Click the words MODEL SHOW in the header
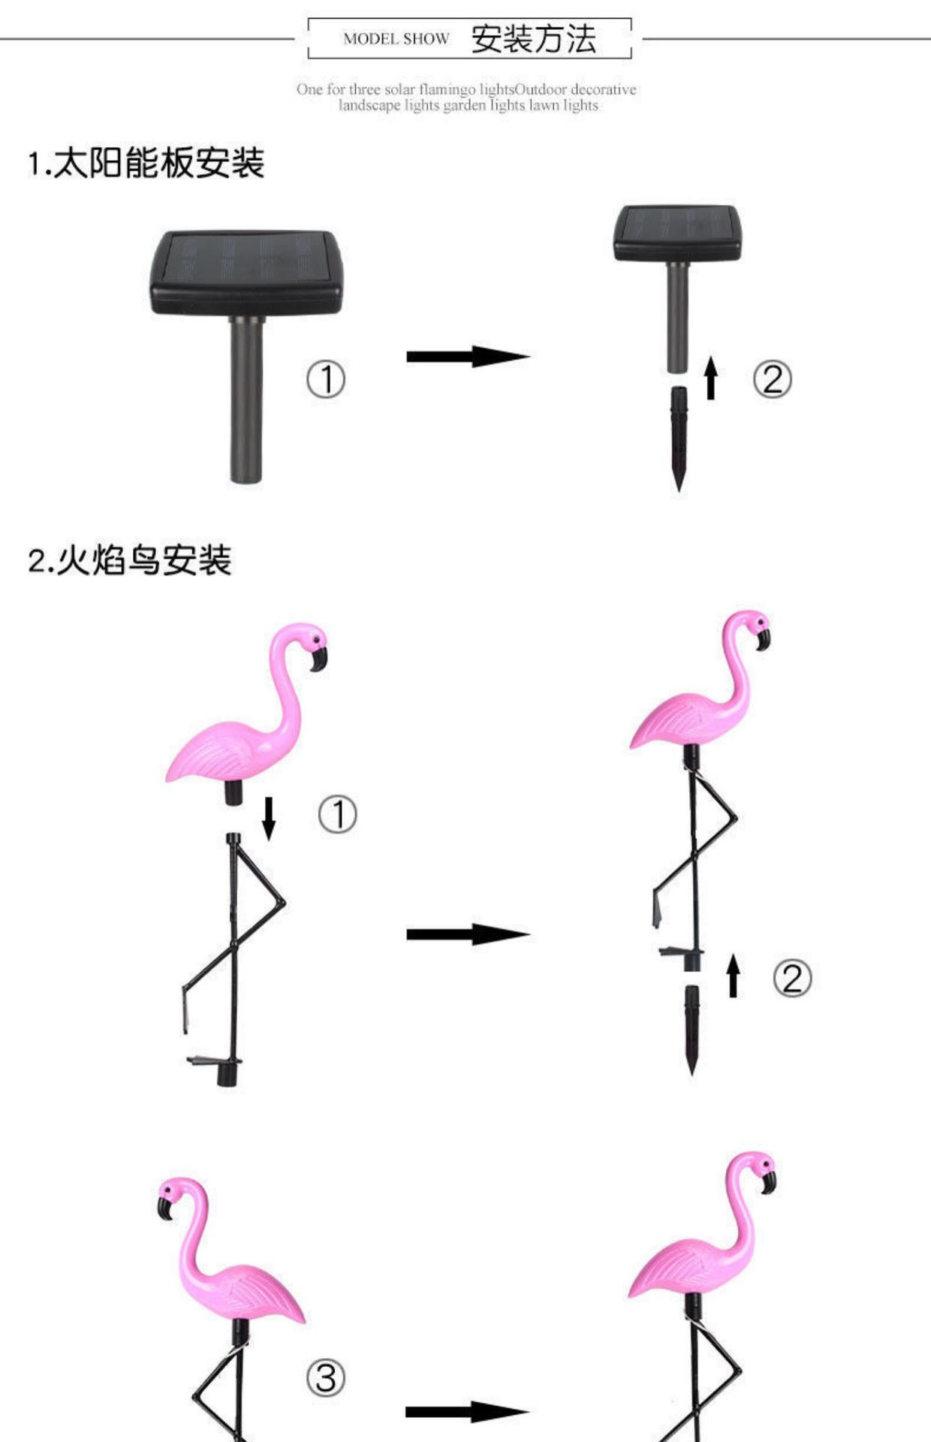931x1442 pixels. coord(396,39)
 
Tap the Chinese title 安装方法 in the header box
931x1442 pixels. coord(534,39)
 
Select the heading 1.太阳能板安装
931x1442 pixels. coord(146,163)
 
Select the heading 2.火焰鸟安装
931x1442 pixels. coord(130,560)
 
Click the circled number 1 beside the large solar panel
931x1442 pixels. coord(326,379)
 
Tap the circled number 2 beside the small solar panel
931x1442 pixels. coord(772,379)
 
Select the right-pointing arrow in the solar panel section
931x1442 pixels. coord(468,356)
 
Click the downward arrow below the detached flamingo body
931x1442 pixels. coord(268,818)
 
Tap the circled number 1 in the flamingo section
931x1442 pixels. coord(338,815)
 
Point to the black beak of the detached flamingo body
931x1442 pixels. coord(319,659)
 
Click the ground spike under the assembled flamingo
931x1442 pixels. coord(691,1029)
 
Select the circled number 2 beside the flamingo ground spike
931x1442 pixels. coord(792,979)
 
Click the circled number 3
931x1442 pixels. coord(326,1378)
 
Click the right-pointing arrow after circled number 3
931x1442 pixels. coord(467,1411)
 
